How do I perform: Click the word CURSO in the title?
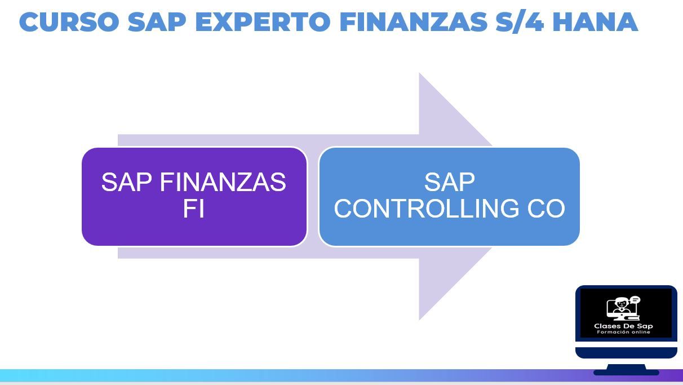coord(69,22)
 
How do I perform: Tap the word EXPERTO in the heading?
coord(263,22)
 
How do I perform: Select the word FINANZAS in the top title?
coord(413,22)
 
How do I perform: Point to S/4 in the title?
coord(520,21)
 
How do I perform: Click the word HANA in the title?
coord(595,22)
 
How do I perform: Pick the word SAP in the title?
coord(157,22)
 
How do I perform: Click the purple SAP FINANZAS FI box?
coord(194,197)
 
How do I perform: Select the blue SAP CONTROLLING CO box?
coord(449,197)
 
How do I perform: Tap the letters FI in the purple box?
coord(194,209)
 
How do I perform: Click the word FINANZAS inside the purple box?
coord(223,182)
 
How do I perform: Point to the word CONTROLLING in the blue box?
coord(426,209)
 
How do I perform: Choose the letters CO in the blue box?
coord(546,209)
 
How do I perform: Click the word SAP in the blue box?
coord(450,182)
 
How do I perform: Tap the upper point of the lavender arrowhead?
coord(419,73)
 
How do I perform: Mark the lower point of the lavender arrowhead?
coord(419,320)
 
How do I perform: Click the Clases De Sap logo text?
coord(623,326)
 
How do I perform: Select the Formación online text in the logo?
coord(623,332)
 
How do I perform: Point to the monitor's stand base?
coord(626,372)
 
